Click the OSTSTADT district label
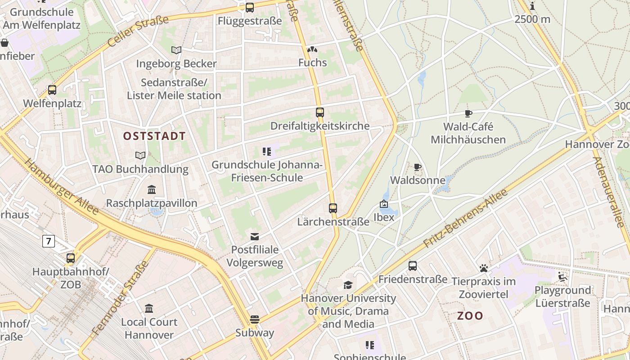point(154,136)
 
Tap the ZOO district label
point(470,316)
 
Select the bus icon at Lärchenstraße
point(333,208)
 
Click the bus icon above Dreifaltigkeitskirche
point(319,112)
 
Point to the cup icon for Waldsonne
point(418,167)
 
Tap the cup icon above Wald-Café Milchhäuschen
point(468,113)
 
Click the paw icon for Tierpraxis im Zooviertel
point(484,269)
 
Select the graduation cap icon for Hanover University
point(348,285)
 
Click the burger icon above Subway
point(255,319)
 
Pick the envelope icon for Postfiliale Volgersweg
point(255,236)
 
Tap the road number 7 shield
point(49,241)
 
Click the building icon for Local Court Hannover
point(149,309)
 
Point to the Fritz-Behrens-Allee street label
point(466,218)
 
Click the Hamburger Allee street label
point(62,187)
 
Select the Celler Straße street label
point(138,31)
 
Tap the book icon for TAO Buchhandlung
point(140,156)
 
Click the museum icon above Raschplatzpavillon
point(152,190)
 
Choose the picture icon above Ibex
point(384,204)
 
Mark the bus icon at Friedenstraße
point(413,266)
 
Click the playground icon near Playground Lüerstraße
point(562,276)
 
